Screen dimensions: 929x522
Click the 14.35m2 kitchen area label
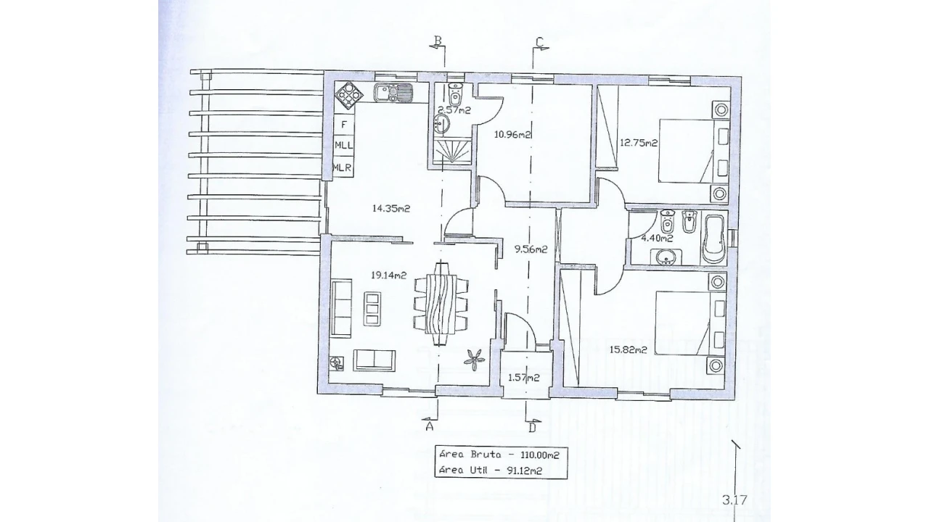tap(390, 208)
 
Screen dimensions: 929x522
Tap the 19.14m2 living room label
tap(388, 275)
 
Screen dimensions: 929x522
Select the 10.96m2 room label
tap(513, 134)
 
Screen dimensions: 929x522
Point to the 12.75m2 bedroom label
tap(639, 143)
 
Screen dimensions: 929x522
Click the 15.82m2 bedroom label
tap(629, 349)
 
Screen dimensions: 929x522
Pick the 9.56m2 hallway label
tap(531, 249)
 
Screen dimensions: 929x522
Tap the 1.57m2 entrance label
tap(524, 378)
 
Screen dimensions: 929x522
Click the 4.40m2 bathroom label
tap(657, 239)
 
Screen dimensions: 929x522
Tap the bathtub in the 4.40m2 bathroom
tap(713, 239)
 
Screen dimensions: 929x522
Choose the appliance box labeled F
tap(344, 124)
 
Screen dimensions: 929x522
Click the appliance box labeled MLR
tap(344, 167)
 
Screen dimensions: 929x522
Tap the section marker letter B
tap(438, 40)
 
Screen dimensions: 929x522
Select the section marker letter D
tap(533, 427)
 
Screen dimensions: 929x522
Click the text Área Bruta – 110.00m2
tap(499, 455)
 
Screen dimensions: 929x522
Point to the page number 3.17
tap(734, 500)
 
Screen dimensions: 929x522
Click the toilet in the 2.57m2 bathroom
tap(455, 94)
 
